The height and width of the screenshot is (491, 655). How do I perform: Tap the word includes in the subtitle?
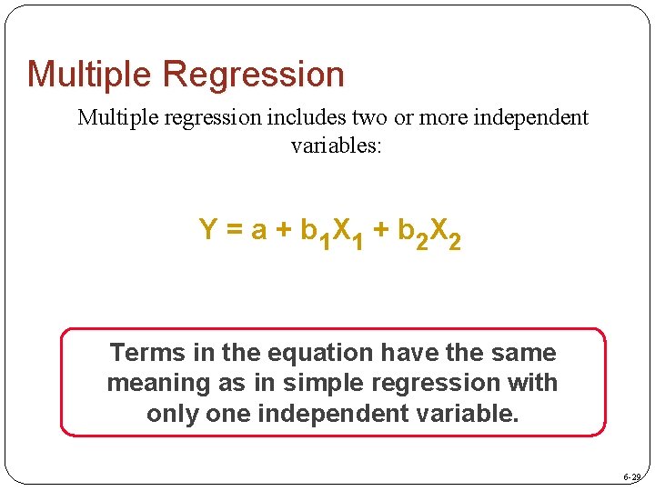(290, 118)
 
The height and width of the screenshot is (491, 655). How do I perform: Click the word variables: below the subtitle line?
(336, 145)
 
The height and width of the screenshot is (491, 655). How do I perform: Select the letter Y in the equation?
(207, 231)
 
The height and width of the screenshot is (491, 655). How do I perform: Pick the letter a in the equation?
(258, 231)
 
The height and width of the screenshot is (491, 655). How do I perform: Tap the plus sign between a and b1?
(284, 231)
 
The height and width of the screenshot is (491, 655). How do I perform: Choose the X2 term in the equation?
(445, 235)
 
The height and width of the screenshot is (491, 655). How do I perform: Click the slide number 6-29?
(632, 477)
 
